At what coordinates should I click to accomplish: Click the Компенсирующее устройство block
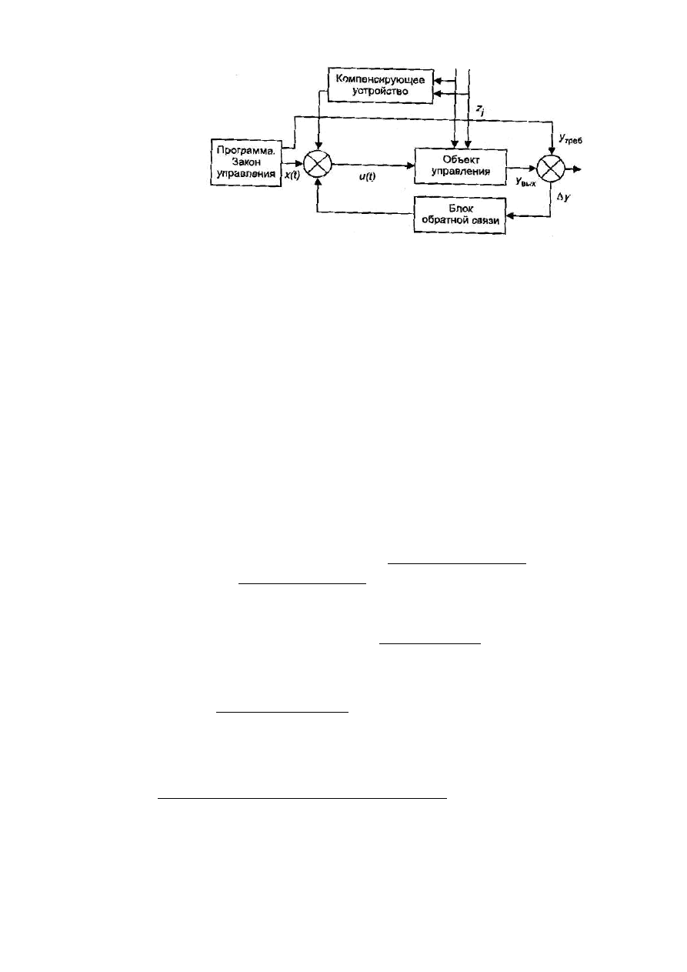(x=380, y=85)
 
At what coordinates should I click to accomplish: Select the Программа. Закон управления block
(x=246, y=162)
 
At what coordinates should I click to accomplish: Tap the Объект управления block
(x=461, y=167)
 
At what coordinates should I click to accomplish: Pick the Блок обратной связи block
(x=460, y=215)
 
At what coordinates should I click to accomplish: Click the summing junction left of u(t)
(x=318, y=165)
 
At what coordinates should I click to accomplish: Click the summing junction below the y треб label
(x=551, y=169)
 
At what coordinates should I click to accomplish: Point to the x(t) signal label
(x=292, y=175)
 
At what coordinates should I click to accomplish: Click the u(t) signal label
(x=367, y=176)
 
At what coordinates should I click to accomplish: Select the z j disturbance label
(x=480, y=111)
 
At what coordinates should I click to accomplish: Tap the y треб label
(x=570, y=139)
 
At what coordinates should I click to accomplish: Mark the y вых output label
(x=525, y=182)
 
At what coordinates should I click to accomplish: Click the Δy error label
(x=564, y=198)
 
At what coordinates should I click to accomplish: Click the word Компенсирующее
(x=380, y=80)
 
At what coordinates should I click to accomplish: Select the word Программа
(x=246, y=151)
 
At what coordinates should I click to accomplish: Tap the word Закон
(x=246, y=162)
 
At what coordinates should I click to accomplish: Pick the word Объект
(x=461, y=159)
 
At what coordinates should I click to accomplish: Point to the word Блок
(x=461, y=209)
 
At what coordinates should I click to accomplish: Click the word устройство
(x=380, y=92)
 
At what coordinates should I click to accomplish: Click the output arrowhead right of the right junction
(x=577, y=169)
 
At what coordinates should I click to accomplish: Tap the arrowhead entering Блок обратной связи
(x=511, y=215)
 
